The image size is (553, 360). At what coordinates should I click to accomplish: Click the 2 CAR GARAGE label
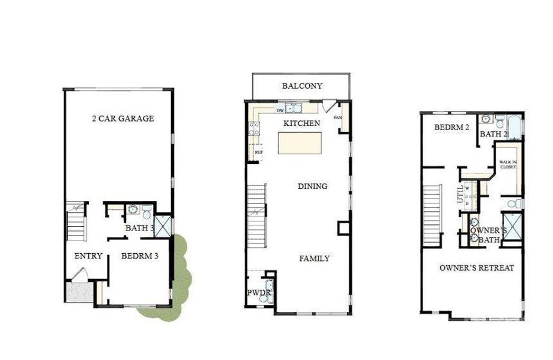coord(122,118)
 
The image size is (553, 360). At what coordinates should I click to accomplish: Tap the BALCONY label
coord(302,86)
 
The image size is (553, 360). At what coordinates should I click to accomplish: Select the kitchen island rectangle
coord(300,145)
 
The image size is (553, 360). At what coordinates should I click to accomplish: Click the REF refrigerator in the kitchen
coord(259,152)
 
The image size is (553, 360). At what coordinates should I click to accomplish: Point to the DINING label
coord(312,186)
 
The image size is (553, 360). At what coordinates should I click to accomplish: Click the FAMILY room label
coord(314,259)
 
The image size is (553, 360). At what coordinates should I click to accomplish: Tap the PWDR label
coord(259,293)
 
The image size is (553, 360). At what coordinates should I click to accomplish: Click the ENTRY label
coord(88,256)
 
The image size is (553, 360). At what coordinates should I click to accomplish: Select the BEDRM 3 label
coord(139,256)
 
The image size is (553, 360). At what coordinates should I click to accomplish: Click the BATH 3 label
coord(140,228)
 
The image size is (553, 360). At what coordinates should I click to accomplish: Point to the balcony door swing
coord(327,106)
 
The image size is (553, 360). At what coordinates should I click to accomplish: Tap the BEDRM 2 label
coord(452,128)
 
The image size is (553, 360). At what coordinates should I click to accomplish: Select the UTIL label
coord(461,194)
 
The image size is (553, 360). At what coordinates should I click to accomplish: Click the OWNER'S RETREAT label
coord(476,268)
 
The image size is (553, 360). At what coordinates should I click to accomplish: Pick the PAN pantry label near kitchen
coord(338,118)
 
